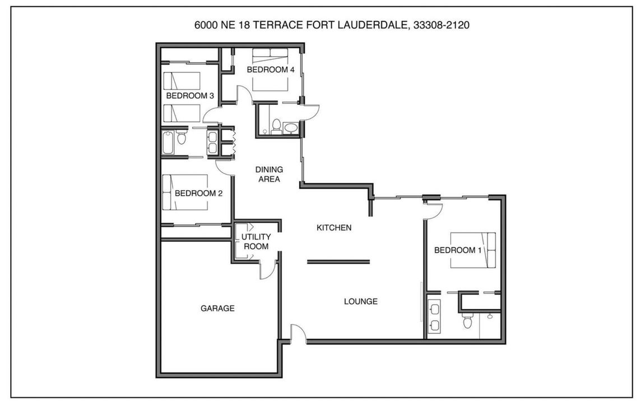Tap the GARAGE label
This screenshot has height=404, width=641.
pos(217,308)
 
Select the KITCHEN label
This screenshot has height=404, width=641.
pos(334,227)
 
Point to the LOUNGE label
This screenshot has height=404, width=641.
pos(360,301)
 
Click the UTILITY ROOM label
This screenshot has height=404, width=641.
pos(256,241)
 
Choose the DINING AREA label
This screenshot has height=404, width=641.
pos(269,175)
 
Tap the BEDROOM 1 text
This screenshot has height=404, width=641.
pos(458,250)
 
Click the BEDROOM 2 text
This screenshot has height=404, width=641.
pos(198,193)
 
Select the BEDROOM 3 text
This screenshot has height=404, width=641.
pos(190,96)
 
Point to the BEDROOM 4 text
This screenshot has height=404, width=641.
pos(270,70)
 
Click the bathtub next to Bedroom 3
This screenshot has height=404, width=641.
pos(168,142)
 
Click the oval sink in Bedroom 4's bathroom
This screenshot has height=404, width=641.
pos(291,128)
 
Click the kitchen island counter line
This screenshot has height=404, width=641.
pos(338,261)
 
